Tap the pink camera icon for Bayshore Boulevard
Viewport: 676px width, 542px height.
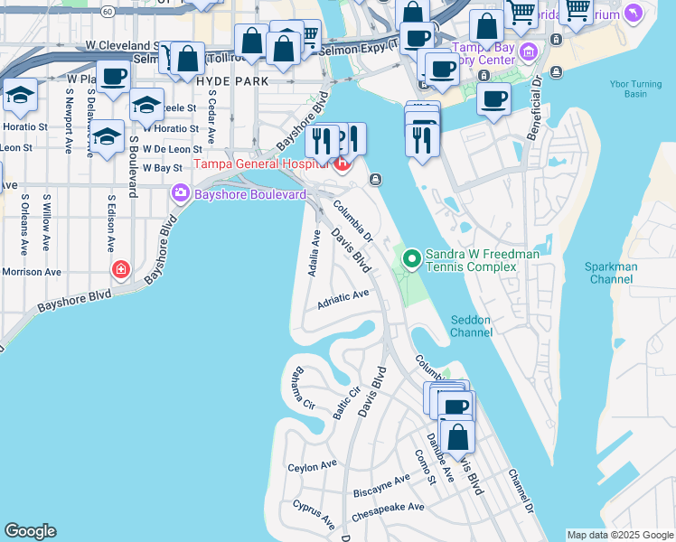(180, 193)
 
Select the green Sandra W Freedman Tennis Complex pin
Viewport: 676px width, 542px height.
(412, 259)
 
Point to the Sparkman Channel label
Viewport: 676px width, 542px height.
(612, 273)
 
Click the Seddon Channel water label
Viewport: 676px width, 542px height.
(472, 325)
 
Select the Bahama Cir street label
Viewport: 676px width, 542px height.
(303, 394)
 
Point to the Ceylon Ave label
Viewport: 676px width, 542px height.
(312, 467)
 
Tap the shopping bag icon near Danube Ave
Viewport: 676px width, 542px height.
(458, 436)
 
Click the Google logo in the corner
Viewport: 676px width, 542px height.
(30, 531)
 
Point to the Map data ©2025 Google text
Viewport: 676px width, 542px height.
(620, 535)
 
